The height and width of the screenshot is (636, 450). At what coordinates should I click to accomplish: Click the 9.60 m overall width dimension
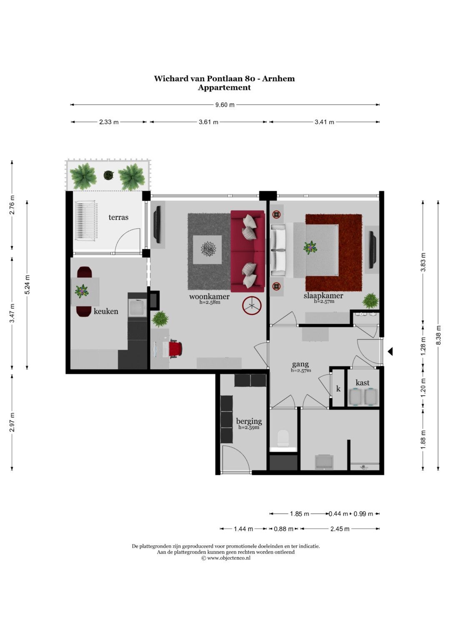[x=225, y=105]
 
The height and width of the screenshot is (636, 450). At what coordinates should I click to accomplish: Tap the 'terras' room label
[x=118, y=217]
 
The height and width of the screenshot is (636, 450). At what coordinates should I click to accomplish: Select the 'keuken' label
[x=106, y=311]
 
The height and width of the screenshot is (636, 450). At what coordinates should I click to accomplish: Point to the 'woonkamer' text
[x=209, y=297]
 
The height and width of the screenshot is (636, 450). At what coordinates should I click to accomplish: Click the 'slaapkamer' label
[x=323, y=296]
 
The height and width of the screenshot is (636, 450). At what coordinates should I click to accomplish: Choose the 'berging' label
[x=249, y=421]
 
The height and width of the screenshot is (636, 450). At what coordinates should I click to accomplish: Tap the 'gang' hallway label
[x=300, y=364]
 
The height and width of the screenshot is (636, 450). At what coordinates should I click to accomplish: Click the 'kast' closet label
[x=362, y=382]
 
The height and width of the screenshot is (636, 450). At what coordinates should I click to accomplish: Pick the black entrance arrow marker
[x=390, y=352]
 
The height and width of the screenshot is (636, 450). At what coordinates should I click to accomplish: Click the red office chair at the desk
[x=175, y=349]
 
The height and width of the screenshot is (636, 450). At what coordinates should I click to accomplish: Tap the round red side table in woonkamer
[x=252, y=306]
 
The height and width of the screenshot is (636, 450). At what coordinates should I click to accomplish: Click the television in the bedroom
[x=372, y=250]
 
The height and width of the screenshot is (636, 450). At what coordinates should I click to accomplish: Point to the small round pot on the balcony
[x=108, y=175]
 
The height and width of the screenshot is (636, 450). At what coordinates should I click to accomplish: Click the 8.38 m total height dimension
[x=438, y=336]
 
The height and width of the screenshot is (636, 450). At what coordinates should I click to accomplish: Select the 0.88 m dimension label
[x=283, y=529]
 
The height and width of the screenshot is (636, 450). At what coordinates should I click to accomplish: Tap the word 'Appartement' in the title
[x=225, y=87]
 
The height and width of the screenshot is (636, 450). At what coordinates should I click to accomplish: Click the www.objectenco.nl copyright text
[x=226, y=558]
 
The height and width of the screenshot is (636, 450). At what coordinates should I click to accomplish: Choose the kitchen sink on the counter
[x=137, y=308]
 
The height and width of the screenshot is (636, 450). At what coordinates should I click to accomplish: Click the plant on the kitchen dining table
[x=82, y=291]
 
